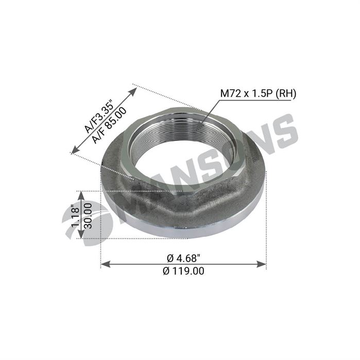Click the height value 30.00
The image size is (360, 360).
point(88,215)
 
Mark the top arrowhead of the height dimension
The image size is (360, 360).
point(80,194)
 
